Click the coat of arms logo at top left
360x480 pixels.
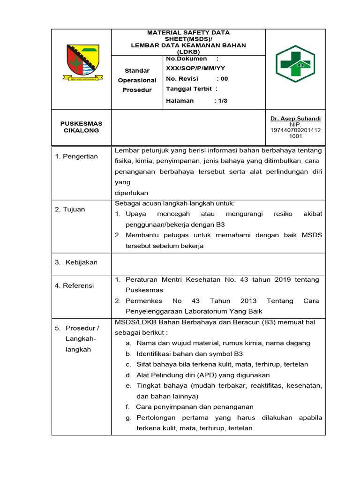click(x=81, y=63)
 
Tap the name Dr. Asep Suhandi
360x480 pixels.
click(x=296, y=119)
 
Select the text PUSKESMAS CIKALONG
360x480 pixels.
click(x=81, y=127)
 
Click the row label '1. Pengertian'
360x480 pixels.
click(x=76, y=157)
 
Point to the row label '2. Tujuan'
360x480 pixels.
click(x=70, y=210)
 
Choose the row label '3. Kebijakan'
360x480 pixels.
click(x=76, y=262)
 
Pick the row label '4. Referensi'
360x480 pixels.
click(x=75, y=285)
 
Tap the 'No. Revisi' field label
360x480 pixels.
click(x=182, y=79)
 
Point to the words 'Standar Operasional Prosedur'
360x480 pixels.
click(x=137, y=80)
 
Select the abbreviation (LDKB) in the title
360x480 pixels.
click(x=188, y=52)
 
